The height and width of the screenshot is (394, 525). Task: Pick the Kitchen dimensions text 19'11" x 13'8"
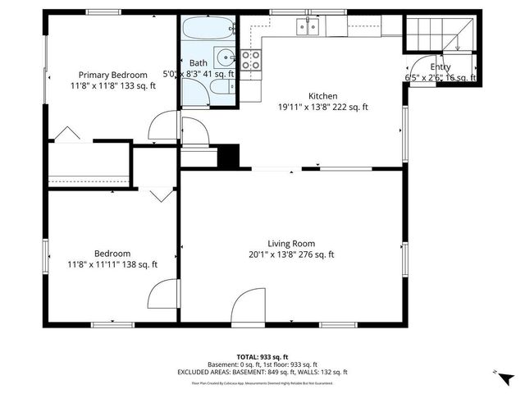[322, 107]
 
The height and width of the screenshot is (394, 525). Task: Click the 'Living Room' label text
[291, 243]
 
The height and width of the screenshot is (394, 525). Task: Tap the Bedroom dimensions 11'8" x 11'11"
[112, 264]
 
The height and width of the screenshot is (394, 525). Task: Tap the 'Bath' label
[198, 62]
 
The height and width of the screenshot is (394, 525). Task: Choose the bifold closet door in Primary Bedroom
[66, 133]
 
